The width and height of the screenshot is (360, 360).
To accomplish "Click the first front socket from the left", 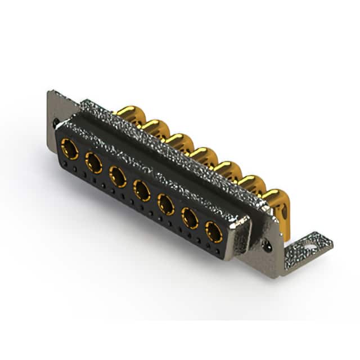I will click(x=70, y=149).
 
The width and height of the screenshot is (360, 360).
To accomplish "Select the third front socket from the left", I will click(x=118, y=177).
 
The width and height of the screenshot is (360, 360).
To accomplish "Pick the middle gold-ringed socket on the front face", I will click(x=142, y=191).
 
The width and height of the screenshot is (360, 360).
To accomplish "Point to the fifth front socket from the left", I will click(x=166, y=204).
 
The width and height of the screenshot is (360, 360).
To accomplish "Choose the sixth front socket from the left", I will click(x=190, y=218).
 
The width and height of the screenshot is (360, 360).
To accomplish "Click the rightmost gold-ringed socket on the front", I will click(x=214, y=231).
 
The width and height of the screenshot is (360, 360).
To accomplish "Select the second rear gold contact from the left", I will click(x=155, y=128).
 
